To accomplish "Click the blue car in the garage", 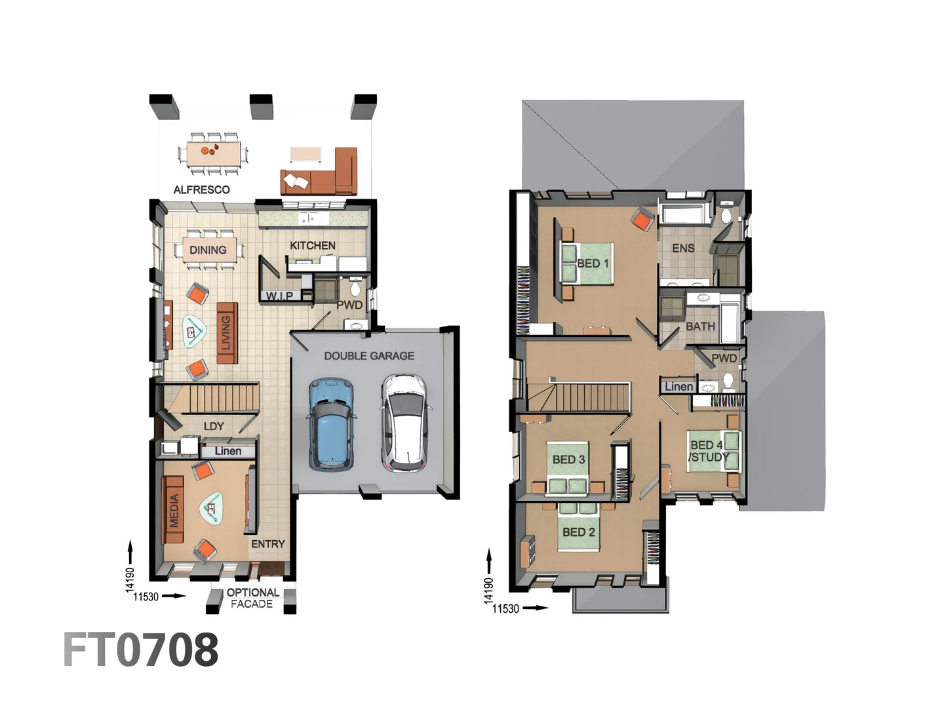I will [332, 424].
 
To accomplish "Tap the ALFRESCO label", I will [201, 189].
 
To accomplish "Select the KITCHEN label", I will [312, 245].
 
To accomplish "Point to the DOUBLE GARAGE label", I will [369, 355].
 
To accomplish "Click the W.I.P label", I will [279, 296].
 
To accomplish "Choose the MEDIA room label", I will [174, 510].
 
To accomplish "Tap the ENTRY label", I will [267, 543].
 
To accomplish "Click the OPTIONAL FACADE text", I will [252, 598].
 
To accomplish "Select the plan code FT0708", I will [141, 650].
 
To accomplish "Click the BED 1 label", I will [593, 263].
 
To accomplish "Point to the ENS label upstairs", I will [683, 248].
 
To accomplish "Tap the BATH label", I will [700, 326].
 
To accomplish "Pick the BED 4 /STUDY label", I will [707, 451].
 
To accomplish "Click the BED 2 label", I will [578, 532].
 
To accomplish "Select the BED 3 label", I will [568, 459].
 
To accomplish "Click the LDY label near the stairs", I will [214, 425].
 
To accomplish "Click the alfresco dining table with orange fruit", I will [213, 153].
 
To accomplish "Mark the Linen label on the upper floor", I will [678, 386].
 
